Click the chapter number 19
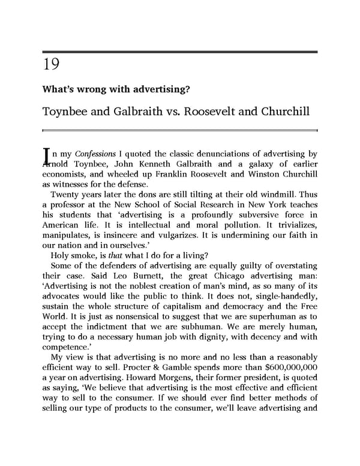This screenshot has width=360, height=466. tap(50, 64)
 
